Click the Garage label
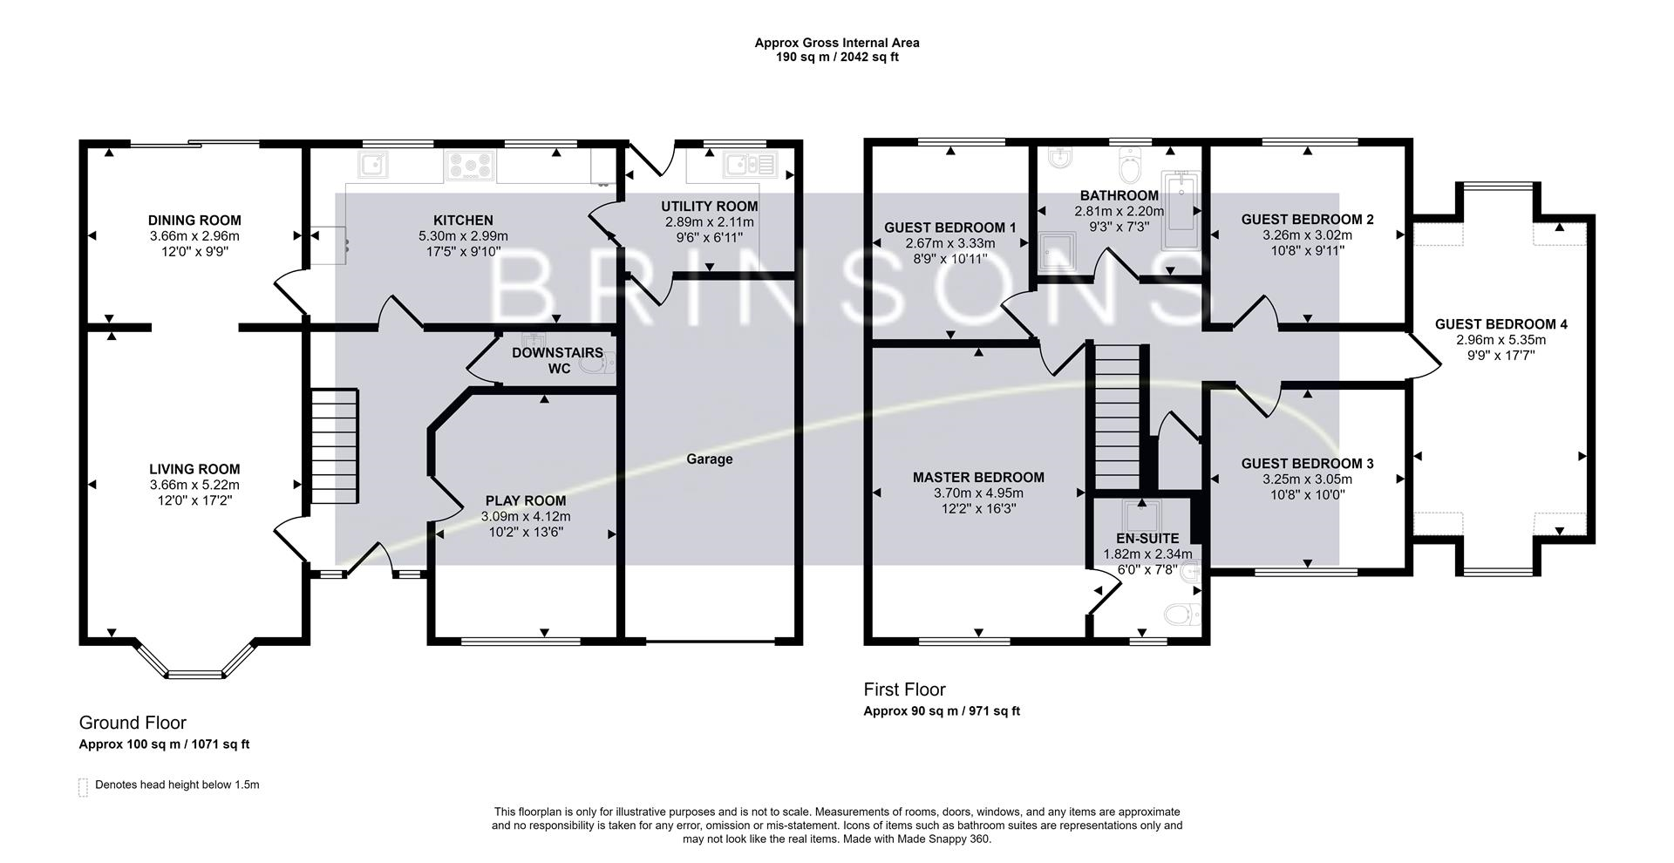tap(709, 459)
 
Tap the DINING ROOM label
tap(194, 221)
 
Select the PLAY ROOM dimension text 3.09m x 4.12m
tap(525, 516)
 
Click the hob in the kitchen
tap(470, 164)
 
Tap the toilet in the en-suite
tap(1181, 615)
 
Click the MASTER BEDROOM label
tap(978, 478)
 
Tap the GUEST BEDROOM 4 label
tap(1501, 324)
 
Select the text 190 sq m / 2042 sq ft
tap(837, 58)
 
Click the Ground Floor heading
tap(133, 723)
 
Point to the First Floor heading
tap(904, 690)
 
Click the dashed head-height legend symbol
tap(83, 786)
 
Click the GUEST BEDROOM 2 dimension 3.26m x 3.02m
tap(1307, 234)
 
